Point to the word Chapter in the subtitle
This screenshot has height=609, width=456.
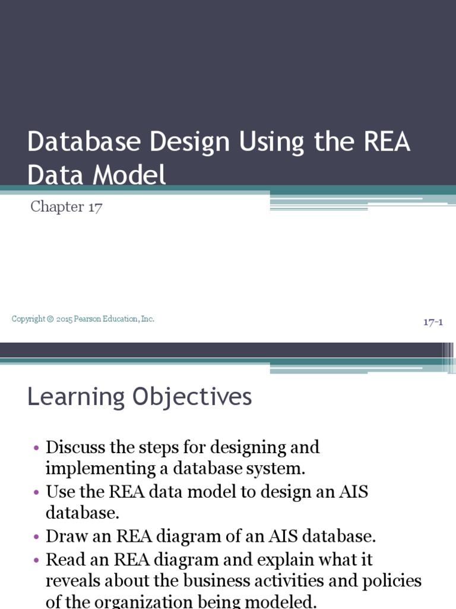[57, 207]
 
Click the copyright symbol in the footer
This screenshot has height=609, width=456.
[51, 319]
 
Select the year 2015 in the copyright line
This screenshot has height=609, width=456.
[65, 319]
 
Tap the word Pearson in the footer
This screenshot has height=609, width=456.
[89, 319]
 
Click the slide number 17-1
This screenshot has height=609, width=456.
[433, 322]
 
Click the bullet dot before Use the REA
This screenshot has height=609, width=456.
[37, 492]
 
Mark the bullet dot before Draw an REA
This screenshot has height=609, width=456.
[37, 537]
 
